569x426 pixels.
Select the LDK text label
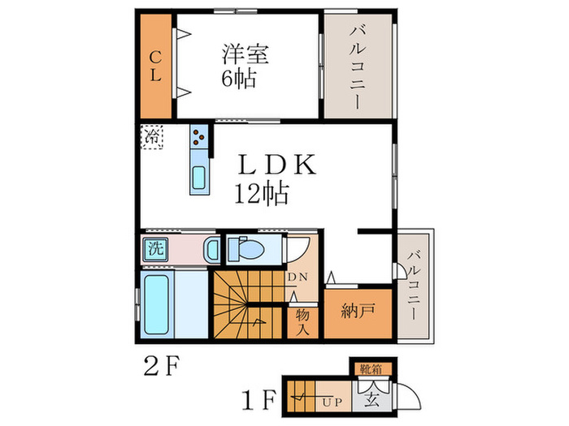274,165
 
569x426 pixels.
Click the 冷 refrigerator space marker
153,137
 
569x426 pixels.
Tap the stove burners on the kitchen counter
199,139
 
